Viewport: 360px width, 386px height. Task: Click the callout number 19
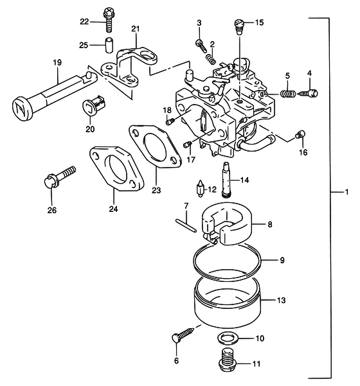point(57,62)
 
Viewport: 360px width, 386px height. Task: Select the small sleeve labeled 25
point(109,45)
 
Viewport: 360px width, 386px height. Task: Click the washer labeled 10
point(228,338)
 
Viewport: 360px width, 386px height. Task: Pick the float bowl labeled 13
point(228,302)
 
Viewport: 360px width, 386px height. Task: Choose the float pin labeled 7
point(186,225)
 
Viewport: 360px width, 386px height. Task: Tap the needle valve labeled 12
point(201,188)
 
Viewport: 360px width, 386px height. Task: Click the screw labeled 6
point(183,335)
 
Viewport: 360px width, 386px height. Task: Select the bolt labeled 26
point(59,176)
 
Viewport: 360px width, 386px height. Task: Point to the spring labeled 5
point(288,94)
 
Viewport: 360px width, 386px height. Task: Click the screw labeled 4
point(309,93)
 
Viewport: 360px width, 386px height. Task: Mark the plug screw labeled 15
point(239,28)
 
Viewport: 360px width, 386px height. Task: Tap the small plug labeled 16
point(300,134)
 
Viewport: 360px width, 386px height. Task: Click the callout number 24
point(113,209)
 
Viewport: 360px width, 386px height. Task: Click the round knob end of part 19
point(22,109)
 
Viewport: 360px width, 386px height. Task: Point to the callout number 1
point(346,192)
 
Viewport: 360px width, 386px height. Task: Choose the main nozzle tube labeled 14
point(227,179)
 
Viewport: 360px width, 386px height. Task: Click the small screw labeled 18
point(170,121)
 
